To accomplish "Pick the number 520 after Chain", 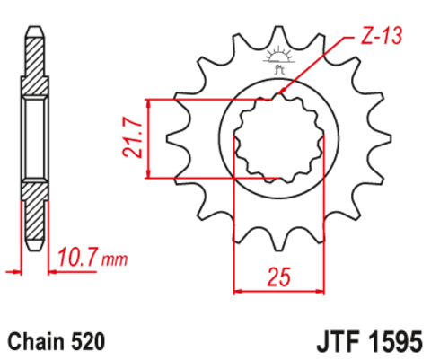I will (88, 342).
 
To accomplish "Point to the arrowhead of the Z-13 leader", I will (283, 92).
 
